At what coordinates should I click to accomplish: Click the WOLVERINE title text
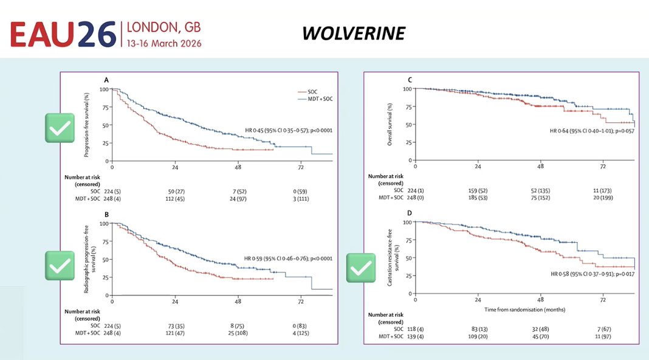click(354, 33)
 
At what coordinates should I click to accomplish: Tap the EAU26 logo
click(63, 35)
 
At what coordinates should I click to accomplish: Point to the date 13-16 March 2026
click(164, 44)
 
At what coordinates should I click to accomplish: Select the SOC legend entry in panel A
click(307, 92)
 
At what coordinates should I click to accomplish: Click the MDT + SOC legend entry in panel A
click(315, 99)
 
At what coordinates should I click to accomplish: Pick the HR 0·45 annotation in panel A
click(289, 131)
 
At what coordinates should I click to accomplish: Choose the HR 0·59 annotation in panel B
click(288, 258)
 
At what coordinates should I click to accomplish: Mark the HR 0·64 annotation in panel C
click(592, 131)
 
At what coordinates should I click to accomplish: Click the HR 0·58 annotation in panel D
click(592, 274)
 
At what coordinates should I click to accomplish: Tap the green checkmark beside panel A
click(60, 128)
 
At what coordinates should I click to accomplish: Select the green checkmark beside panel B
click(60, 266)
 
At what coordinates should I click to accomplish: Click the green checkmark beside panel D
click(361, 268)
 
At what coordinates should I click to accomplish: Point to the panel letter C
click(410, 80)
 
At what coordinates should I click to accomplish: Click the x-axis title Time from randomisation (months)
click(525, 310)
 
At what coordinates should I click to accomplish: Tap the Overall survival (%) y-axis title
click(390, 124)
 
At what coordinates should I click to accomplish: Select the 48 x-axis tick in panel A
click(238, 167)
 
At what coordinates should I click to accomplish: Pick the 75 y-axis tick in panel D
click(408, 240)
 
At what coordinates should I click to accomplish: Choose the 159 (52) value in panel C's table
click(478, 191)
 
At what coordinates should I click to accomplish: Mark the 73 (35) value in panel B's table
click(176, 326)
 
